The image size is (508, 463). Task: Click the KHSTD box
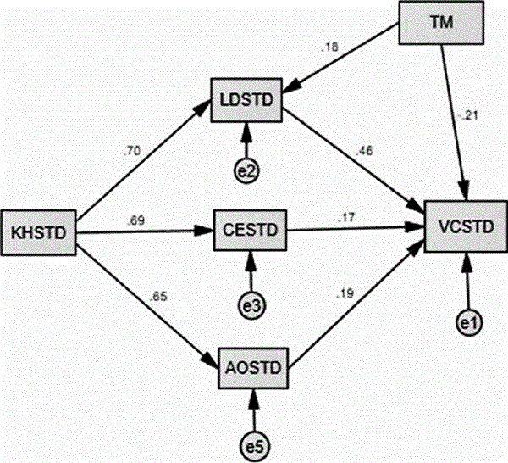click(40, 230)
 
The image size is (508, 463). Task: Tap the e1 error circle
click(464, 323)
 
